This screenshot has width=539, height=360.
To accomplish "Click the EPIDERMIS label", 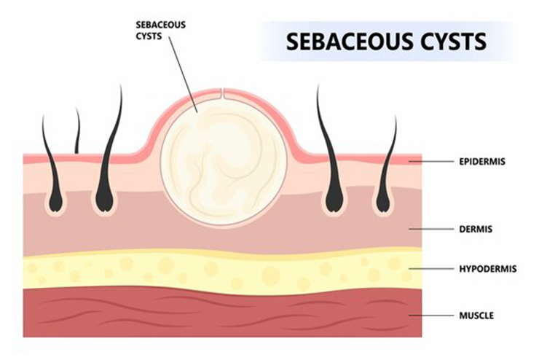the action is pyautogui.click(x=482, y=161).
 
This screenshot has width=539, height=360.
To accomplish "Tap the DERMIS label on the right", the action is pyautogui.click(x=476, y=229).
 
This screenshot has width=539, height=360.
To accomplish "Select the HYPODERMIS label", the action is pyautogui.click(x=488, y=268).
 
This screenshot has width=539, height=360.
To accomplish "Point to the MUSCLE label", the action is pyautogui.click(x=476, y=316).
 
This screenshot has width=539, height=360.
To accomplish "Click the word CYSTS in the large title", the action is pyautogui.click(x=449, y=42).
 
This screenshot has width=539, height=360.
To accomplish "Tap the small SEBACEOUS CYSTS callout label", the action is pyautogui.click(x=160, y=31).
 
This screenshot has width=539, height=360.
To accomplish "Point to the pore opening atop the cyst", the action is pyautogui.click(x=222, y=93).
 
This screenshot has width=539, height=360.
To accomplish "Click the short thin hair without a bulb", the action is pyautogui.click(x=78, y=130).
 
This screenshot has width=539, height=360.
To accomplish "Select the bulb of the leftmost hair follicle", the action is pyautogui.click(x=56, y=201).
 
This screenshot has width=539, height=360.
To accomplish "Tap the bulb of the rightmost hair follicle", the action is pyautogui.click(x=383, y=201).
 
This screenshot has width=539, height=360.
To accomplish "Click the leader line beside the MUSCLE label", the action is pyautogui.click(x=431, y=316).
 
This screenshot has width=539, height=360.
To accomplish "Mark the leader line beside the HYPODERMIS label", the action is pyautogui.click(x=431, y=268).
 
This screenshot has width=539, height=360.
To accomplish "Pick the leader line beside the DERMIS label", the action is pyautogui.click(x=431, y=229).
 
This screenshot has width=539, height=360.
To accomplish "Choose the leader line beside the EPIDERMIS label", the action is pyautogui.click(x=431, y=161).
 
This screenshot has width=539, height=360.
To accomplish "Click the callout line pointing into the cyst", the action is pyautogui.click(x=183, y=74).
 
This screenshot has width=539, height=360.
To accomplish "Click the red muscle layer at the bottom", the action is pyautogui.click(x=222, y=313).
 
